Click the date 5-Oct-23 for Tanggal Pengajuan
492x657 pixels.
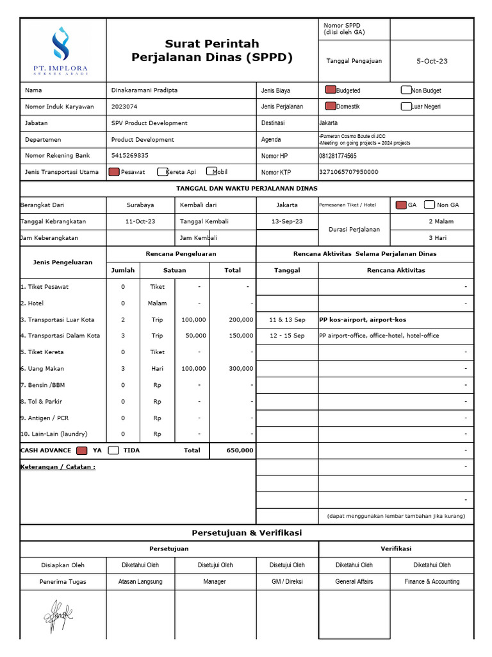(432, 61)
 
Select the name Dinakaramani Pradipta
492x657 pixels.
(144, 90)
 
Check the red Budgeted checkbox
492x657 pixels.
(331, 90)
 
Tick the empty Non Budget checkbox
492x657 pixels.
(406, 90)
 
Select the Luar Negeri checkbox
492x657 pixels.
(406, 107)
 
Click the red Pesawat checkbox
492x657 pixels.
(114, 172)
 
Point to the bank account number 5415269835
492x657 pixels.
(129, 155)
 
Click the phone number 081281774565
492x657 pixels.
(338, 156)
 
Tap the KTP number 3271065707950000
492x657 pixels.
(348, 172)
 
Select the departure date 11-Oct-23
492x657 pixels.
(140, 221)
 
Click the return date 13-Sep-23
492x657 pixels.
(287, 221)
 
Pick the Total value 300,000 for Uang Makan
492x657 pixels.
(241, 369)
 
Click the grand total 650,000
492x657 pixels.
(240, 450)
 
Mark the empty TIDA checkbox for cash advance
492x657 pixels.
(113, 450)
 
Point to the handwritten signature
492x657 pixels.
(58, 617)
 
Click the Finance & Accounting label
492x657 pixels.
(432, 582)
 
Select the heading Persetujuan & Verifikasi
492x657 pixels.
(247, 533)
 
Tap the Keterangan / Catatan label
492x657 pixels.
(58, 467)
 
